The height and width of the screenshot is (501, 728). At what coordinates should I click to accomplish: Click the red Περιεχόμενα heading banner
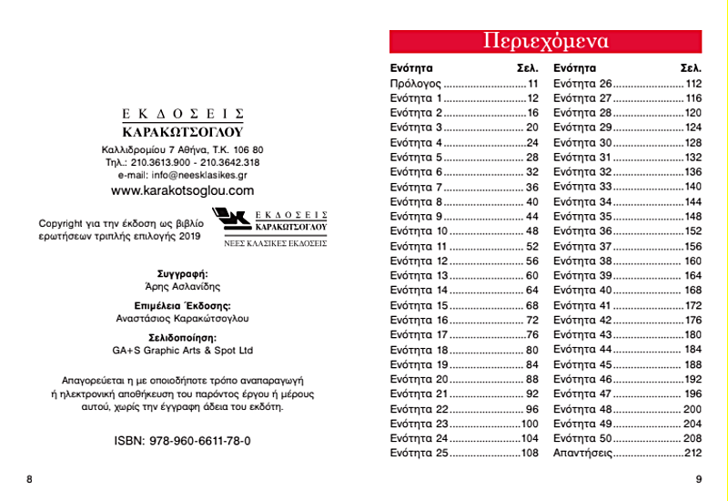[x=545, y=42]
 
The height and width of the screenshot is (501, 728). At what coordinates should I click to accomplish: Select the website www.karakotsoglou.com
[x=182, y=190]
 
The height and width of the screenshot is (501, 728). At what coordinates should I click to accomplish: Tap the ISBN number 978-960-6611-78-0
[x=182, y=441]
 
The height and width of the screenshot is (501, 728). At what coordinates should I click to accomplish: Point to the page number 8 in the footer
[x=29, y=479]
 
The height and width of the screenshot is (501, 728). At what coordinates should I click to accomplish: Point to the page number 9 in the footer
[x=698, y=479]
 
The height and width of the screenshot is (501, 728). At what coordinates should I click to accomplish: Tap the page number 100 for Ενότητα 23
[x=530, y=424]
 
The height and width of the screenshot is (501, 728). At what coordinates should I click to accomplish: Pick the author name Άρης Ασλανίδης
[x=182, y=286]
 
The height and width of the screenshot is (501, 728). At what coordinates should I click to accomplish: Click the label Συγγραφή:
[x=182, y=273]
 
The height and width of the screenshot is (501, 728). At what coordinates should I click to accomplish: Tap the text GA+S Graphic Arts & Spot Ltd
[x=182, y=350]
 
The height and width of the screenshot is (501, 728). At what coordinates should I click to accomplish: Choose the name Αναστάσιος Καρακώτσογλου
[x=182, y=318]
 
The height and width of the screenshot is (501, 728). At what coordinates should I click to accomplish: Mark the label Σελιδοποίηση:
[x=182, y=337]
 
